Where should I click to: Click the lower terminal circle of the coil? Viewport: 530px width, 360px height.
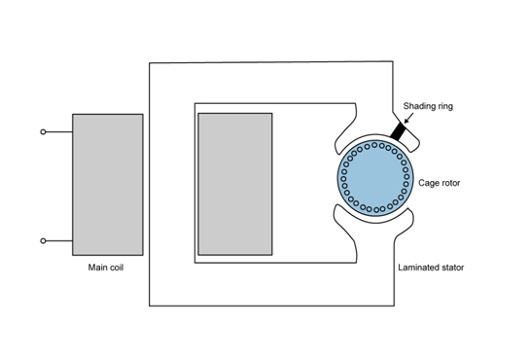pos(43,240)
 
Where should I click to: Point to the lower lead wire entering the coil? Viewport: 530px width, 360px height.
pos(58,240)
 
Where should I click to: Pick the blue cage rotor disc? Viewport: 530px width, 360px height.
pos(373,178)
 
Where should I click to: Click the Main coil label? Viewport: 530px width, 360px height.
pos(105,267)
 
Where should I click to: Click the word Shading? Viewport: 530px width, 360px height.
pos(420,108)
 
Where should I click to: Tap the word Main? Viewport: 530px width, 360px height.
pos(95,267)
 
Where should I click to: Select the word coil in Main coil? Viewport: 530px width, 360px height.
pos(117,267)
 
